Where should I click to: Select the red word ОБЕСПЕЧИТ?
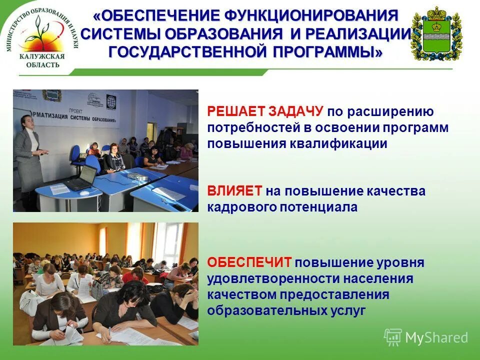tap(249, 262)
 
